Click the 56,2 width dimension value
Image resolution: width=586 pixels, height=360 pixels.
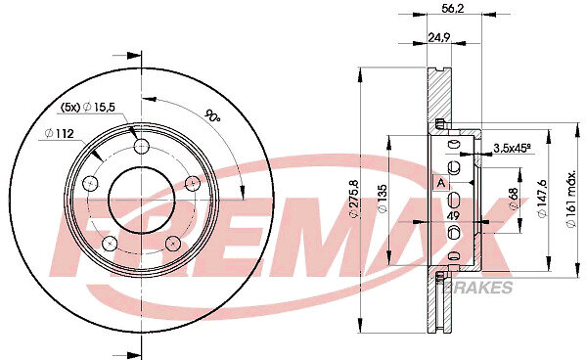click(x=452, y=8)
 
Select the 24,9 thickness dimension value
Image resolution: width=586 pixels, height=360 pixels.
click(x=438, y=37)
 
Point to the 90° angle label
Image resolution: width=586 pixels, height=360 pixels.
click(x=212, y=116)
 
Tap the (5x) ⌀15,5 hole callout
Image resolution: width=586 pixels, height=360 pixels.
click(x=87, y=108)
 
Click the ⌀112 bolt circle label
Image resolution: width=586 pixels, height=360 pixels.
click(x=59, y=133)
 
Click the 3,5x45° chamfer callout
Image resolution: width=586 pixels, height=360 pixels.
click(x=512, y=148)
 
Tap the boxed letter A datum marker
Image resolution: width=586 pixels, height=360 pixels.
click(x=441, y=183)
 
